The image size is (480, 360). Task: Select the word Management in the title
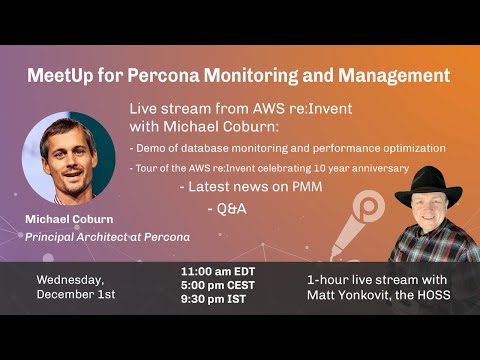[394, 75]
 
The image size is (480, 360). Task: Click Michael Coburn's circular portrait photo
[68, 156]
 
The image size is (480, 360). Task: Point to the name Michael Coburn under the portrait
[68, 219]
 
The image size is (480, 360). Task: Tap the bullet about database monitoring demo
[288, 148]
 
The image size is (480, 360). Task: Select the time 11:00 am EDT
[219, 271]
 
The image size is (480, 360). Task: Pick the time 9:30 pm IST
[216, 298]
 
